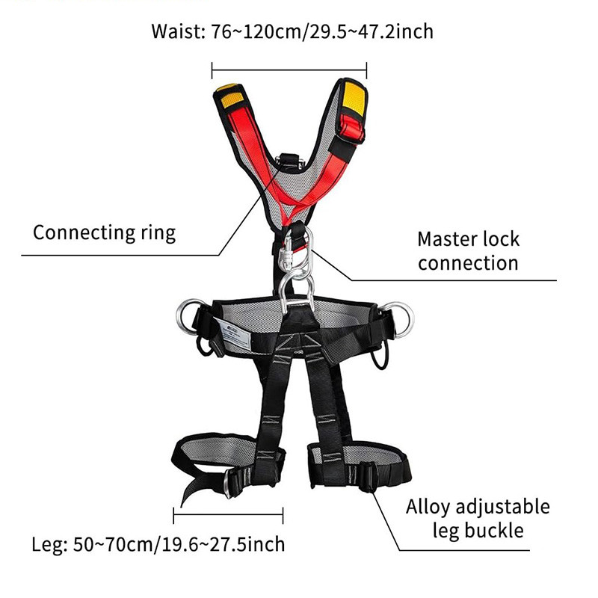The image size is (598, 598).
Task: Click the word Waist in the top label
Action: click(x=178, y=31)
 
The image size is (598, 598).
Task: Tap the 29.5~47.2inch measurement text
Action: click(x=371, y=31)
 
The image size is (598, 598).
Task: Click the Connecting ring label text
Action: click(x=104, y=232)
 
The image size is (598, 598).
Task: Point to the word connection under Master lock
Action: click(x=468, y=263)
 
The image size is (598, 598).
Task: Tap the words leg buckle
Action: click(x=478, y=531)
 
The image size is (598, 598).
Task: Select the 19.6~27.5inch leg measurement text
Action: click(x=224, y=544)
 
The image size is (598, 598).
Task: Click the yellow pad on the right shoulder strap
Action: click(x=354, y=98)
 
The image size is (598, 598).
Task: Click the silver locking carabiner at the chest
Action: click(x=287, y=253)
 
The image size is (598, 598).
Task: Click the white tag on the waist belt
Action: click(x=232, y=333)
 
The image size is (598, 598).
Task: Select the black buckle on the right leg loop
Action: click(x=367, y=477)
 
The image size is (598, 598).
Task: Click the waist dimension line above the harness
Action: click(x=289, y=70)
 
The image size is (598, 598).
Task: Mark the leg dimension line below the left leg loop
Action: click(x=228, y=515)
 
